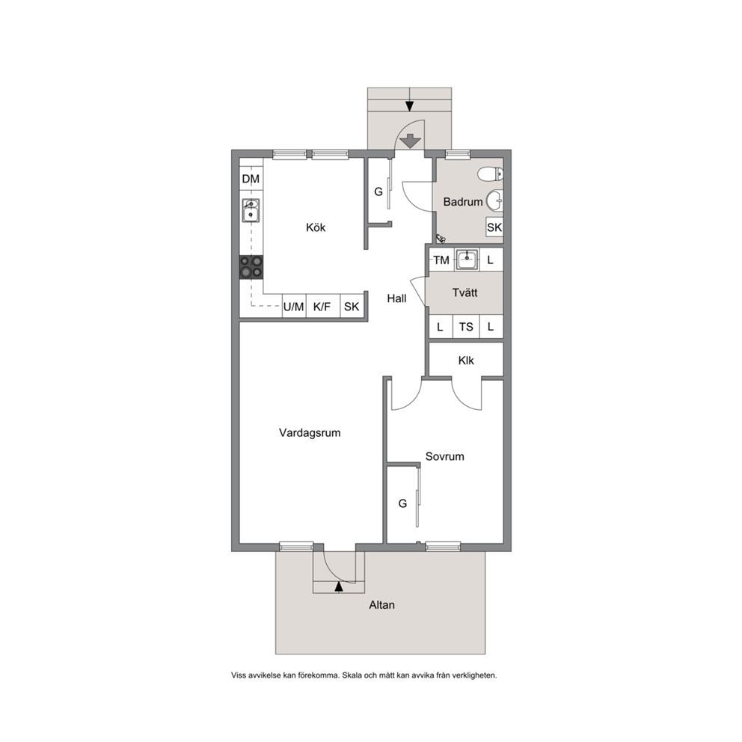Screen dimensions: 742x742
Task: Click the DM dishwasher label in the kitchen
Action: (251, 179)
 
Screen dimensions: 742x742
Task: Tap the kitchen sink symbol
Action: (251, 211)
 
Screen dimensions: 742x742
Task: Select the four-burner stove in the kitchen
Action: (251, 267)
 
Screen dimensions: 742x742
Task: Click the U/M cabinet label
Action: (293, 307)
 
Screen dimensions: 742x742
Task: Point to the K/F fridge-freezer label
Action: (322, 307)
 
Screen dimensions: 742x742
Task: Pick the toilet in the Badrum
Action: (490, 174)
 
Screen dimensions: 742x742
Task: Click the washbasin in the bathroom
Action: (494, 200)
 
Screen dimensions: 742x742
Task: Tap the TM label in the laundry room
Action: (441, 260)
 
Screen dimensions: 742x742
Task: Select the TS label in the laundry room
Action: (466, 327)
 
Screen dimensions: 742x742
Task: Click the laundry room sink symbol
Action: (467, 260)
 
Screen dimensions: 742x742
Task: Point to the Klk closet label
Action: (466, 361)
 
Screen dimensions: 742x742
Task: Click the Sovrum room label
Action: (445, 457)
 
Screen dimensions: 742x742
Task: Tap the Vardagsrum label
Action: (310, 433)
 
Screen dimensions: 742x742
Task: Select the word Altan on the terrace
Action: (382, 605)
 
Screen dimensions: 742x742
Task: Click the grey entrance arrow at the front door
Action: (411, 141)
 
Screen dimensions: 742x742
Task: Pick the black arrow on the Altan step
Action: (338, 586)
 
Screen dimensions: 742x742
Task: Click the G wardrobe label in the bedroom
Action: (402, 503)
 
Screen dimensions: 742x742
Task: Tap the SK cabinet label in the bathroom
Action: (494, 227)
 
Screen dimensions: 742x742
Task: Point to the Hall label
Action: (396, 298)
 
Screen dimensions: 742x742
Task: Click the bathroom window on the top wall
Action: (458, 154)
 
